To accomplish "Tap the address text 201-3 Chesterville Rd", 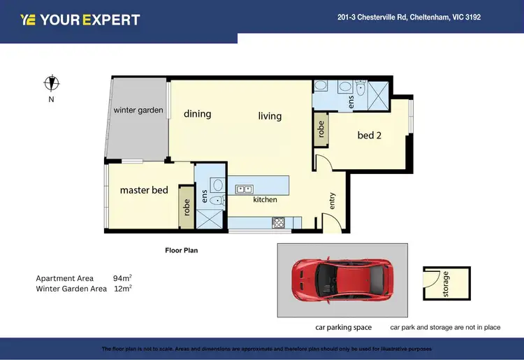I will (x=409, y=17).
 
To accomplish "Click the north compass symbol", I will (x=51, y=83).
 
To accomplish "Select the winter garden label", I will (x=138, y=110).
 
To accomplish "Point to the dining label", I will (x=197, y=114).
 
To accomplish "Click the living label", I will (x=270, y=116).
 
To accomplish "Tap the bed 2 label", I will (x=370, y=135).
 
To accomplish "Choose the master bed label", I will (x=144, y=190).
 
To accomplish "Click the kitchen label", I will (x=265, y=200).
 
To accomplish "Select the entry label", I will (x=332, y=201).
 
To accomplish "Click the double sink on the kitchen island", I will (x=245, y=188).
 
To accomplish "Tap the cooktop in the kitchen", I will (x=277, y=223).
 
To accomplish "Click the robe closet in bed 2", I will (x=321, y=129).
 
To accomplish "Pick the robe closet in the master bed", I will (x=187, y=207).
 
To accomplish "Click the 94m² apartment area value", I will (x=122, y=278).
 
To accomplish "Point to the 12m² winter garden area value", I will (x=122, y=288).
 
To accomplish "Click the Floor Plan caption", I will (x=182, y=250).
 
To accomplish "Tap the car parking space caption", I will (x=343, y=327).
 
